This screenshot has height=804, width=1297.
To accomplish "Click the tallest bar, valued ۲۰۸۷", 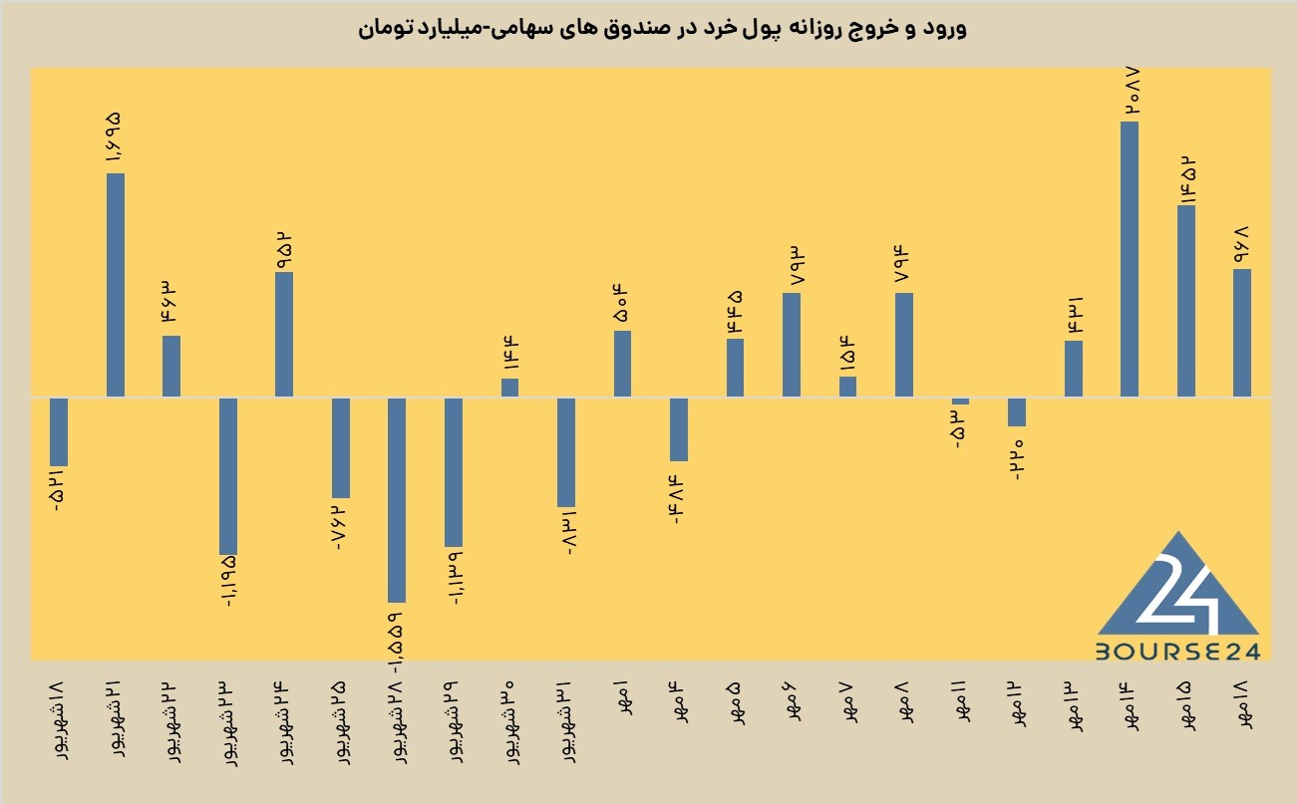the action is tap(1130, 259).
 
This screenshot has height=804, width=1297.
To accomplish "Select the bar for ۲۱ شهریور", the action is tap(116, 285).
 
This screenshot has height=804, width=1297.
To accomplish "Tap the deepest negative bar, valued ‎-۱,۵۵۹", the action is tap(397, 500).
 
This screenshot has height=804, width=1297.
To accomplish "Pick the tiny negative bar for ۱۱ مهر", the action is tap(961, 402).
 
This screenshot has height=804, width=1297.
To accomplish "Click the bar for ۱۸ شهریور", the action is tap(59, 431).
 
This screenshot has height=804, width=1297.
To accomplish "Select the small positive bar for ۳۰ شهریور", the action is tap(509, 388).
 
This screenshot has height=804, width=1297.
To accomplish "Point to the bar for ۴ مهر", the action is tap(679, 429).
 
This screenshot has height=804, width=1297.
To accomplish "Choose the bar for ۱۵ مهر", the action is tap(1186, 301).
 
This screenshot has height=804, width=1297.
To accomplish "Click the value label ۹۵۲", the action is tap(284, 251).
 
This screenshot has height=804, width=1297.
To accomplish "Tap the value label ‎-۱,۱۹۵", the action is tap(228, 581).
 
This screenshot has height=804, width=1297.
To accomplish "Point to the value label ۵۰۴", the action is tap(620, 303).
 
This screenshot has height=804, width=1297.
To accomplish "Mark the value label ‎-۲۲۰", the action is tap(1017, 460).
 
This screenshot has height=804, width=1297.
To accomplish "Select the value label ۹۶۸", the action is tap(1241, 245).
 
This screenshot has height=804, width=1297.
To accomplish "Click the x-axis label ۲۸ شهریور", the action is tap(398, 723).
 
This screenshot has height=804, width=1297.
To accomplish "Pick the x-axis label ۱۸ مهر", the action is tap(1243, 705).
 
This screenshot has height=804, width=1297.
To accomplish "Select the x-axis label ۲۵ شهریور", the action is tap(341, 723).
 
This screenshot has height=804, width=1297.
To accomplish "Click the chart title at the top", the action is tap(662, 29).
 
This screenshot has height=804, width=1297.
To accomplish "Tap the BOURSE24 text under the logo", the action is tap(1177, 653).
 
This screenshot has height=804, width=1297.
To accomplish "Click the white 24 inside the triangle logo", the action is tap(1179, 595).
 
